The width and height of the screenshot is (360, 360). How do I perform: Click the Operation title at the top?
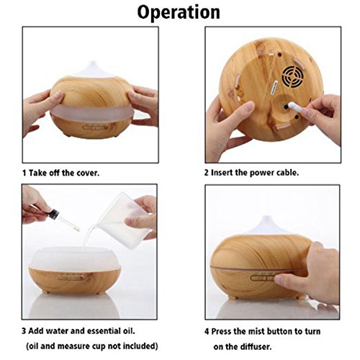[179, 13]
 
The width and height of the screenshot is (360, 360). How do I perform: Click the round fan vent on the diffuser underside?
[293, 76]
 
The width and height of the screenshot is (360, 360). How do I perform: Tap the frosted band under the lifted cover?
[92, 112]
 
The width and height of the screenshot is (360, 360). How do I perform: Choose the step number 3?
[24, 331]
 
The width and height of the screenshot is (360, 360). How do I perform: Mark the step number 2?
[207, 173]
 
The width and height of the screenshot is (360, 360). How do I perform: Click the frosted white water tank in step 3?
[75, 258]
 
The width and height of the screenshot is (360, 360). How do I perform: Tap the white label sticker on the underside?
[274, 89]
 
